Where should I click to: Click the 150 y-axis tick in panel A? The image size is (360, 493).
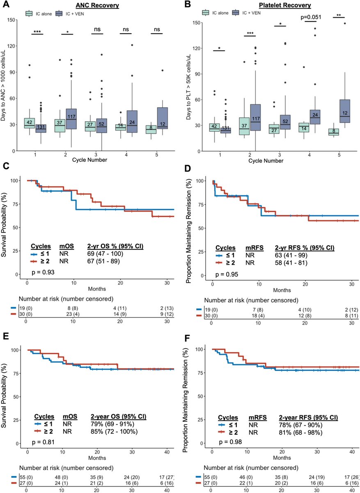[x=14, y=20]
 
